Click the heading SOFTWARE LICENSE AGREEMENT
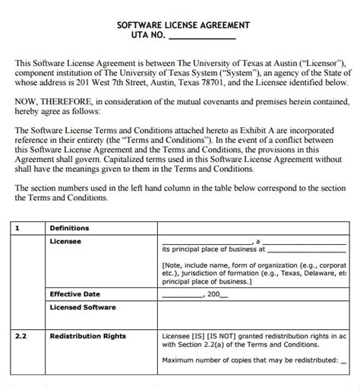tap(182, 24)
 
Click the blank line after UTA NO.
tap(201, 36)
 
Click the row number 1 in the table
tap(17, 228)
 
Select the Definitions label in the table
tap(69, 228)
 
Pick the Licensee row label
tap(65, 241)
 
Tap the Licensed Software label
tap(83, 307)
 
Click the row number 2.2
tap(21, 335)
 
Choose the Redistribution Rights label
tap(87, 335)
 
